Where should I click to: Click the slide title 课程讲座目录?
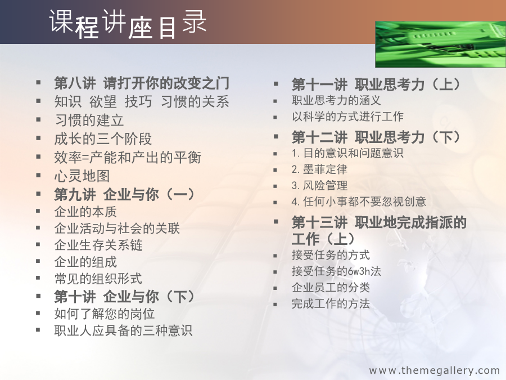[x=128, y=24]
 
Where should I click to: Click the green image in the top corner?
[x=440, y=44]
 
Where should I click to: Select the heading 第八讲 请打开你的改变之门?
[x=142, y=83]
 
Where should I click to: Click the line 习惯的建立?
[x=89, y=120]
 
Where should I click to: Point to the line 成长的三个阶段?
[x=103, y=139]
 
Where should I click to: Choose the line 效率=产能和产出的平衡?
[x=128, y=158]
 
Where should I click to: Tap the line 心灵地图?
[x=82, y=176]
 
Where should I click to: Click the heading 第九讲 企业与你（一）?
[x=124, y=195]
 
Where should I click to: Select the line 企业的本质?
[x=85, y=212]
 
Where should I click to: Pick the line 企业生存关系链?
[x=98, y=245]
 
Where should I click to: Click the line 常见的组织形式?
[x=98, y=279]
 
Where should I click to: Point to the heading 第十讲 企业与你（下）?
[x=124, y=297]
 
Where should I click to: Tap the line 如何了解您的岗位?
[x=104, y=314]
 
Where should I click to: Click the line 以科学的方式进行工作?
[x=347, y=117]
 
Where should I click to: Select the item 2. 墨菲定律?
[x=319, y=169]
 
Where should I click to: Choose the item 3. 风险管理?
[x=319, y=185]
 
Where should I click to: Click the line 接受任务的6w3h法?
[x=336, y=271]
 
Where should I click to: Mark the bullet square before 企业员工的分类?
[x=275, y=288]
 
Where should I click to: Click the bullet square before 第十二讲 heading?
[x=276, y=137]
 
